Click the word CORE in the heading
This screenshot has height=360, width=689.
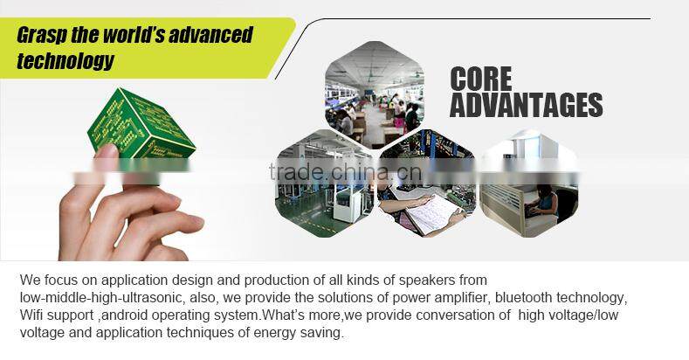(x=480, y=79)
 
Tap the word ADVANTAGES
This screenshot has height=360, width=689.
(x=526, y=105)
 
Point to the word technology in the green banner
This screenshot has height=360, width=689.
(x=65, y=61)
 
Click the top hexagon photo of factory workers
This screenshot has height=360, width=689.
(x=375, y=94)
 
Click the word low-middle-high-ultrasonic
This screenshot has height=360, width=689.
(x=95, y=298)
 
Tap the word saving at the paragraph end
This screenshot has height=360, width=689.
(x=322, y=332)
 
